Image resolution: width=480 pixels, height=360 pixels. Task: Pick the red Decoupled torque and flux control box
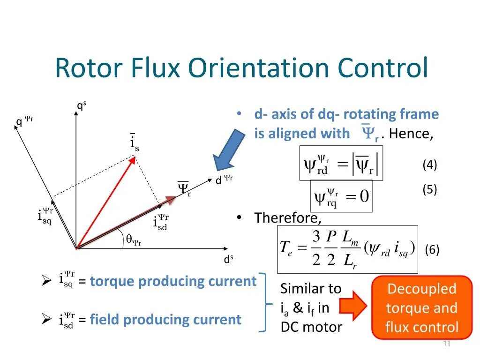click(421, 307)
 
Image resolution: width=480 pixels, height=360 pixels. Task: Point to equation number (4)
click(429, 165)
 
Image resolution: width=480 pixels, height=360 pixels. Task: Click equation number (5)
click(429, 189)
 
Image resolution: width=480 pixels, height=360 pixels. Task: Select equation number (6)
click(432, 250)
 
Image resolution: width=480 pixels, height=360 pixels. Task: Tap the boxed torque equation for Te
click(347, 249)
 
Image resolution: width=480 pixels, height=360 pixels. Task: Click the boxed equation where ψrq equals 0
click(342, 196)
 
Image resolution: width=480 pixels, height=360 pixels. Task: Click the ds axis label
click(228, 260)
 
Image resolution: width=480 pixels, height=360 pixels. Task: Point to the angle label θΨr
click(134, 240)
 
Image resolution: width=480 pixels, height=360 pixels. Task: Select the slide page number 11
click(446, 345)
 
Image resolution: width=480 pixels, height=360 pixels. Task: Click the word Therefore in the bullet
click(287, 218)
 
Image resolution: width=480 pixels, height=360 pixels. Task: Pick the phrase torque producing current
click(173, 281)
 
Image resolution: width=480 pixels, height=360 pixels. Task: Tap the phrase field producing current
click(165, 320)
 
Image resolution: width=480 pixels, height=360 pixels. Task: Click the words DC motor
click(311, 327)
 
